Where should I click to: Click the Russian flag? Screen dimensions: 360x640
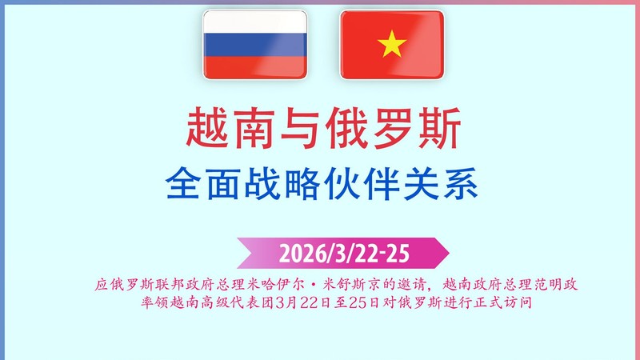[x=253, y=45]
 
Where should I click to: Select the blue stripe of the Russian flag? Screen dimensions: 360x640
[x=253, y=45]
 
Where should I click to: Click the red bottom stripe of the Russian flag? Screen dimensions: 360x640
[x=253, y=66]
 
